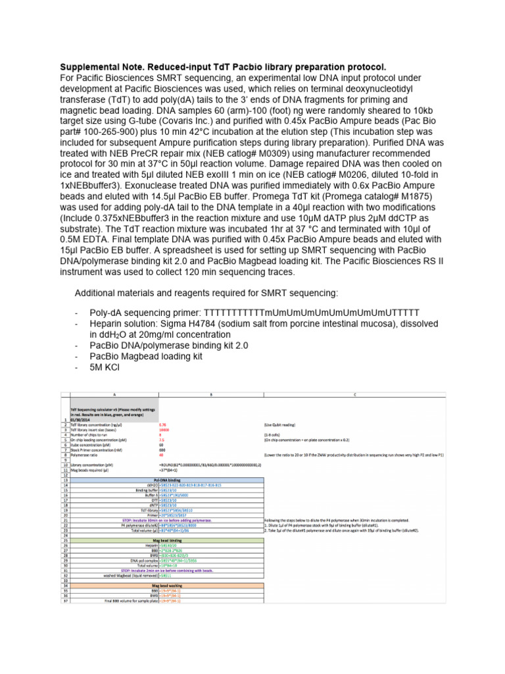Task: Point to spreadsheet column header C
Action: coord(354,394)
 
